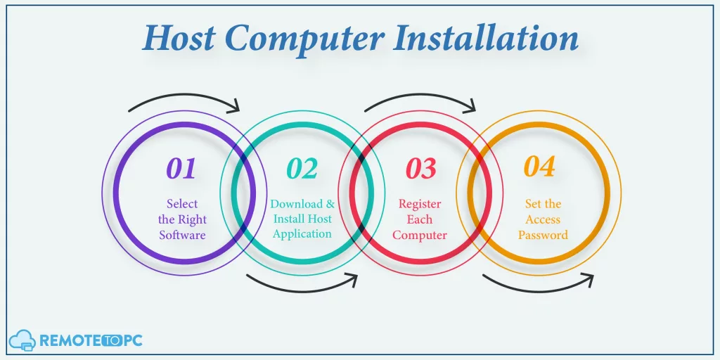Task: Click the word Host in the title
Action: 179,39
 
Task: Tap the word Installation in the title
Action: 486,38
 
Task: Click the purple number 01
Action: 181,169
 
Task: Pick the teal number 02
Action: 302,169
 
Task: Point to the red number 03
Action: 420,169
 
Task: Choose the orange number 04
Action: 539,167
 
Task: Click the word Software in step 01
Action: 182,236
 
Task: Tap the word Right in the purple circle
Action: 192,220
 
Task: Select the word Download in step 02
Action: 296,204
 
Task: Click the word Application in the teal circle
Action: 302,234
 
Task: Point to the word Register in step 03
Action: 420,205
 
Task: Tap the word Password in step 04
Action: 544,236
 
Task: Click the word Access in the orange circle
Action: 544,220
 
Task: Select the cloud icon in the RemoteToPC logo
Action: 22,340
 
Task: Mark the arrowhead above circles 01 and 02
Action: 234,106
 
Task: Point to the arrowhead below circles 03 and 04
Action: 587,280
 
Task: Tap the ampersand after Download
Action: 330,204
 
